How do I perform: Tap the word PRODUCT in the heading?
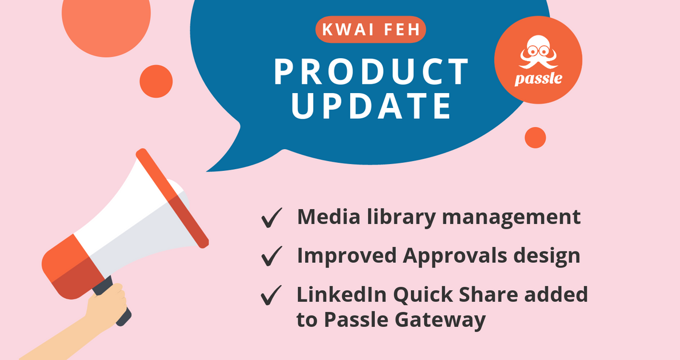[371, 71]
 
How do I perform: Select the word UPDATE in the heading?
[371, 106]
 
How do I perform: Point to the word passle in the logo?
[538, 78]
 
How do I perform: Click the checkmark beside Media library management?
[272, 218]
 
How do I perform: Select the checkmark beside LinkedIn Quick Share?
[272, 295]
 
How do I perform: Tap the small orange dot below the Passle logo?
[535, 138]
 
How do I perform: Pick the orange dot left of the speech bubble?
[156, 81]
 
